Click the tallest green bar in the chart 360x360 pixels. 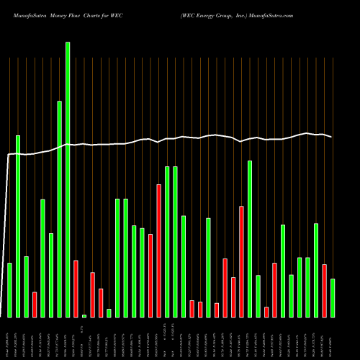(68, 180)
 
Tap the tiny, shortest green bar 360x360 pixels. (84, 315)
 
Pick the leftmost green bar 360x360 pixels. (9, 289)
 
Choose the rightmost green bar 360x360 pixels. (333, 297)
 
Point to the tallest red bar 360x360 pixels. (158, 251)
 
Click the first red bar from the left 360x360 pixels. (35, 304)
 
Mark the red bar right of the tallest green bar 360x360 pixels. (76, 288)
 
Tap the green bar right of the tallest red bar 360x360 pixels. (167, 241)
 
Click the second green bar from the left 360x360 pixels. (18, 226)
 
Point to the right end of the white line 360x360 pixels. (331, 137)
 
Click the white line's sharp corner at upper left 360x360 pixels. (9, 154)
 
